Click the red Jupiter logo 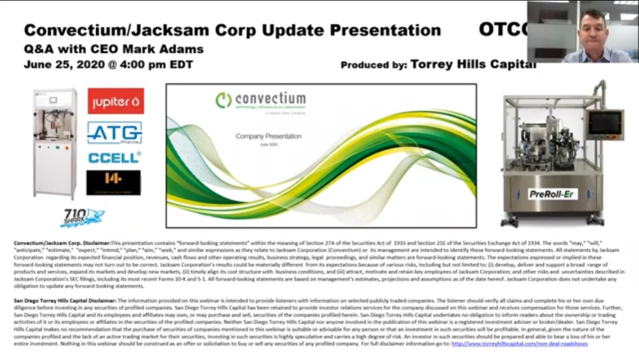(x=115, y=101)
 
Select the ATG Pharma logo (x=114, y=133)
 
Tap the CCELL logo (x=114, y=157)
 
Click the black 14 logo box (x=114, y=182)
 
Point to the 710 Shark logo (x=82, y=217)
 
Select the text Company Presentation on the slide (x=268, y=136)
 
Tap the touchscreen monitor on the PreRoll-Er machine (x=605, y=123)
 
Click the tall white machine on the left (x=54, y=143)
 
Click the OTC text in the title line (x=501, y=30)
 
